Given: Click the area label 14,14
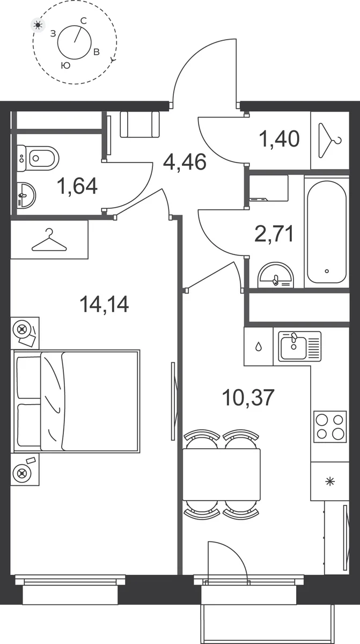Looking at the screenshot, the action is (x=104, y=304).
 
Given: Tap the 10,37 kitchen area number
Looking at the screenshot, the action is (x=248, y=398).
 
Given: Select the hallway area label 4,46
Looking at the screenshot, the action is (x=185, y=162).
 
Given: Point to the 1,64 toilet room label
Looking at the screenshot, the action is (x=77, y=186).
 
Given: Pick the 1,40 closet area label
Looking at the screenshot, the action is (x=280, y=138).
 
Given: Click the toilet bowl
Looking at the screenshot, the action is (x=38, y=158).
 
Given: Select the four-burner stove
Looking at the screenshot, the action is (x=330, y=427).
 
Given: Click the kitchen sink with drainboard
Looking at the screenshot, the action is (x=300, y=346).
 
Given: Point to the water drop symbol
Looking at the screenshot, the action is (x=259, y=347).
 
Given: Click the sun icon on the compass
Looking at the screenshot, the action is (x=38, y=25).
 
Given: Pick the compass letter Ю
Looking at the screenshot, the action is (x=66, y=65).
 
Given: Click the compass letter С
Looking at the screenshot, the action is (x=83, y=21).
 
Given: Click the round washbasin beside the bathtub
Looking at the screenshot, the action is (x=276, y=275).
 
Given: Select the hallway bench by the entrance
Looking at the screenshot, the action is (x=139, y=124).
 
